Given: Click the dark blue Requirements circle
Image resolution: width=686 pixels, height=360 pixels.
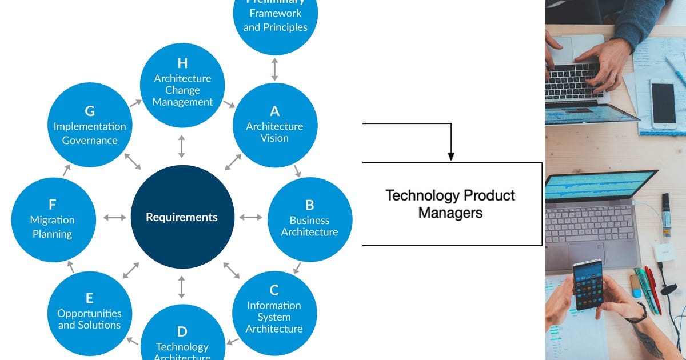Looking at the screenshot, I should pos(182,217).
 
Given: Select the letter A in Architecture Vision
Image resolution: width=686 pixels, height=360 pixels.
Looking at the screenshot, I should pos(274,111).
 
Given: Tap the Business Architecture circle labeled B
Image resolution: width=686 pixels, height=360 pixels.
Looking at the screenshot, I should pos(309,219).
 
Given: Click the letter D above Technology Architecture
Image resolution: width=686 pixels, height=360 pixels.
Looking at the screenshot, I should pos(182,331).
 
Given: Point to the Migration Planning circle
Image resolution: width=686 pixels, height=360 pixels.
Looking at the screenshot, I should pos(53,219).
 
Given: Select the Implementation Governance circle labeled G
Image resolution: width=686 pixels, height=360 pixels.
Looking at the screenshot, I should pos(90,126).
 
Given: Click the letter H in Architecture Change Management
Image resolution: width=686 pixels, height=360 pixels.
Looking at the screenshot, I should pos(182,63).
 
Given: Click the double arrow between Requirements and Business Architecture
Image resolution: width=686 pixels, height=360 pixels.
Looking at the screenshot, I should pos(250,217).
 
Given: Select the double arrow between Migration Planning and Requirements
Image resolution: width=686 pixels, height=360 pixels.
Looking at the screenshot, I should pos(114,217).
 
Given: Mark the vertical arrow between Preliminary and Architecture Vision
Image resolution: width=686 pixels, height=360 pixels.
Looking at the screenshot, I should pos(274,69).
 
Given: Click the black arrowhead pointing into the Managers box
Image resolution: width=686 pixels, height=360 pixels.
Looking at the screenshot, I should pos(451,156).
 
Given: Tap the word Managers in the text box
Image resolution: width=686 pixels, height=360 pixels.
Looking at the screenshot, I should pos(450,213).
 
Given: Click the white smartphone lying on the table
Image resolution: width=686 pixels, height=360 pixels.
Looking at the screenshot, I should pos(663,103).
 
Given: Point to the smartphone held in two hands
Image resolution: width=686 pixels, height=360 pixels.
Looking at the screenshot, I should pos(588,284).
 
